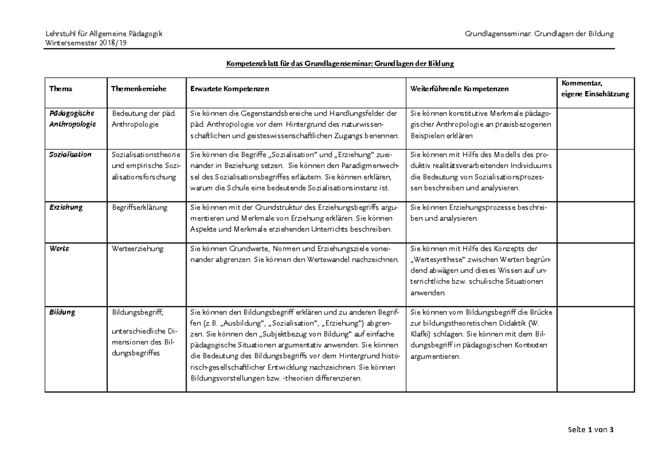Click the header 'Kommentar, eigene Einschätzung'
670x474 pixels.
(595, 89)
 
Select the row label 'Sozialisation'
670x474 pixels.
(70, 154)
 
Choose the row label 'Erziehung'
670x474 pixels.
(66, 207)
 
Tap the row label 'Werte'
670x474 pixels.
(59, 248)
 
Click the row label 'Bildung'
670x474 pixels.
(63, 313)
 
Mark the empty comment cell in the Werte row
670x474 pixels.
(595, 270)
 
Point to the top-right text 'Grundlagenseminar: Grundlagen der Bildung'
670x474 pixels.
(539, 33)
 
